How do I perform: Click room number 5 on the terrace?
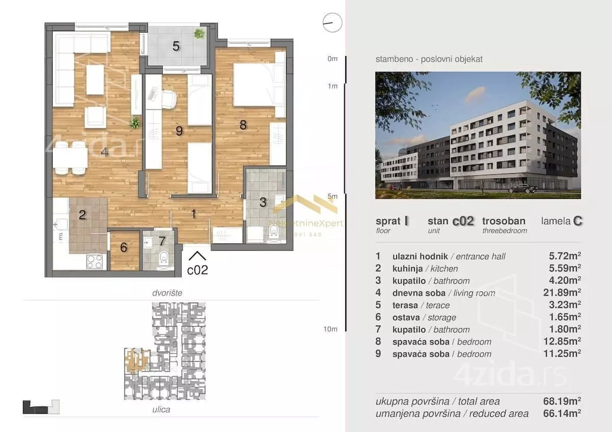(x=176, y=46)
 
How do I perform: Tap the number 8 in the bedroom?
(x=243, y=125)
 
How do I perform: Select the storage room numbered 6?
(x=124, y=251)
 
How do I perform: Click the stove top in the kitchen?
(x=94, y=261)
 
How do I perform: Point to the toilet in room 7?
(x=163, y=258)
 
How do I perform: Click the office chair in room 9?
(x=169, y=99)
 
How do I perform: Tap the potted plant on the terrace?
(x=199, y=34)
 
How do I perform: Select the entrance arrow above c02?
(x=197, y=256)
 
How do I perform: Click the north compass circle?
(x=332, y=22)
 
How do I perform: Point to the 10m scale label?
(x=330, y=329)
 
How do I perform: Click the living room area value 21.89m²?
(x=562, y=292)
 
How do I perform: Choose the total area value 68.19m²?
(x=562, y=401)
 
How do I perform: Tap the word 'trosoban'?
(x=504, y=221)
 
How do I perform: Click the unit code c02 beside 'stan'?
(x=463, y=221)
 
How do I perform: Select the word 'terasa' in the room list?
(x=405, y=305)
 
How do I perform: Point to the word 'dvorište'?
(x=167, y=293)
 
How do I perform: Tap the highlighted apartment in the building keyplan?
(x=137, y=360)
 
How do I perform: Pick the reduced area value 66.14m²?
(x=562, y=413)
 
